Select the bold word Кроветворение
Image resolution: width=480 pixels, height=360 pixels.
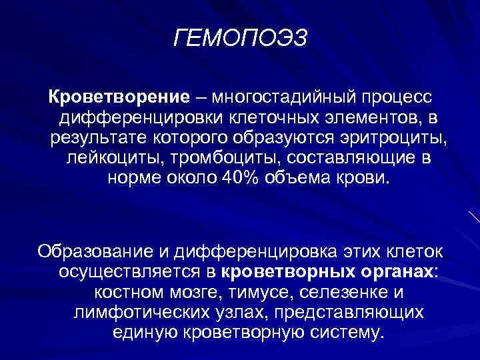[118, 98]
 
